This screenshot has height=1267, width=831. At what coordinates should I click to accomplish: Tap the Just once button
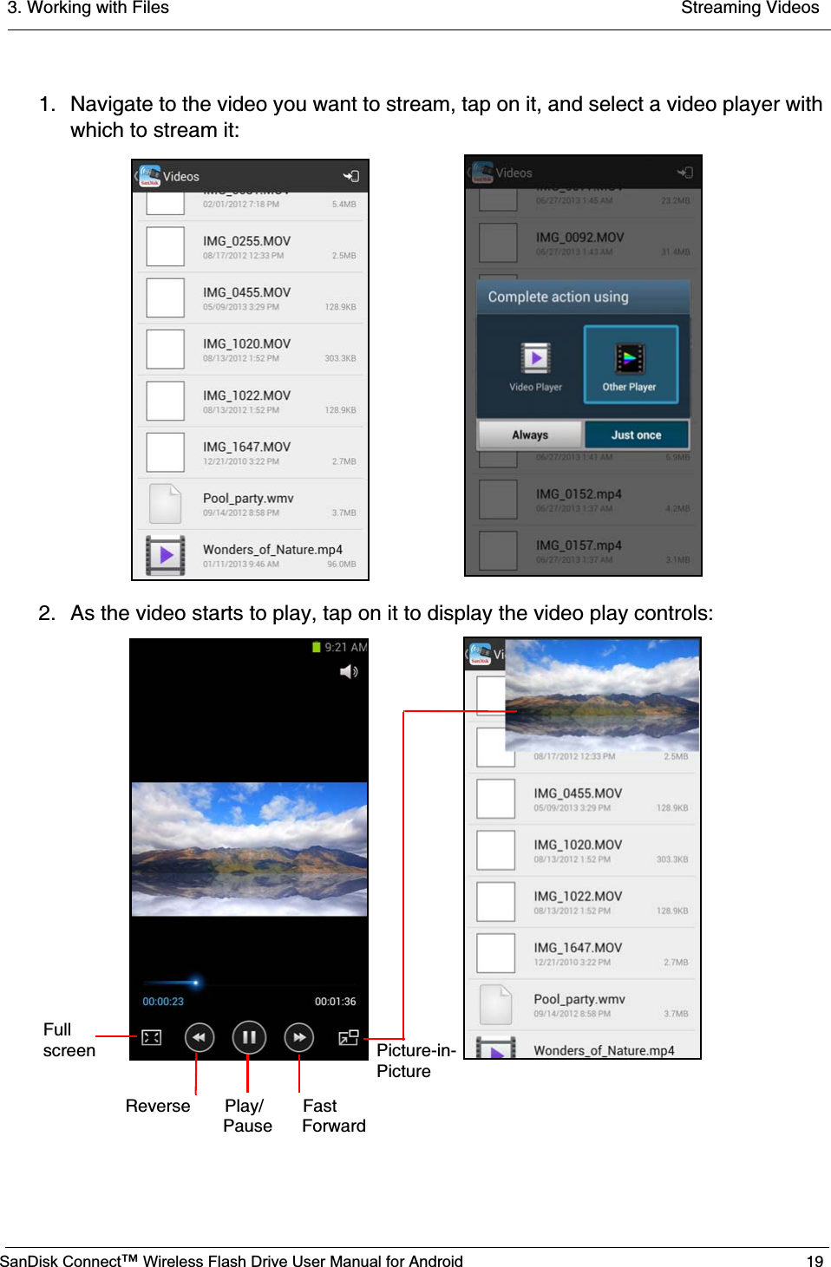pyautogui.click(x=636, y=434)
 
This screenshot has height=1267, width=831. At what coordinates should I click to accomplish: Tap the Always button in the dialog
pyautogui.click(x=529, y=434)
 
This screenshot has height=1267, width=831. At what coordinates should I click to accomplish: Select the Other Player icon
pyautogui.click(x=630, y=364)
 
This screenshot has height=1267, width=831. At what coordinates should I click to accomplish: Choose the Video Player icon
pyautogui.click(x=535, y=364)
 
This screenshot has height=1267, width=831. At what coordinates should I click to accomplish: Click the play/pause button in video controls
pyautogui.click(x=248, y=1037)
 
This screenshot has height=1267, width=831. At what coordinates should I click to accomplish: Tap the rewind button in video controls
pyautogui.click(x=199, y=1037)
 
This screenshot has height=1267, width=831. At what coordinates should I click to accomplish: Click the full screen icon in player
pyautogui.click(x=151, y=1037)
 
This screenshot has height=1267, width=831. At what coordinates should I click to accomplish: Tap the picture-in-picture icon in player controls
pyautogui.click(x=348, y=1037)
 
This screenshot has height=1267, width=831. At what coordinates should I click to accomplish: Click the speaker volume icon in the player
pyautogui.click(x=349, y=672)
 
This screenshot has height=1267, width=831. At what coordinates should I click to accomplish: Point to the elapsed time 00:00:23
pyautogui.click(x=163, y=1002)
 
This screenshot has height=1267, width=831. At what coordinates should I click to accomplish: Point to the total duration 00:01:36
pyautogui.click(x=335, y=1002)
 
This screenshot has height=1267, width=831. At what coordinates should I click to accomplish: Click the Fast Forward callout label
pyautogui.click(x=333, y=1116)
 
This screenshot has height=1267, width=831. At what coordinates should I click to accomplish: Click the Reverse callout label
pyautogui.click(x=158, y=1106)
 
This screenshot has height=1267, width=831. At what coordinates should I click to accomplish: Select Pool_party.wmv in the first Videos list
pyautogui.click(x=248, y=499)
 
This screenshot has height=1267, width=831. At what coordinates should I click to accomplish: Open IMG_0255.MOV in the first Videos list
pyautogui.click(x=246, y=241)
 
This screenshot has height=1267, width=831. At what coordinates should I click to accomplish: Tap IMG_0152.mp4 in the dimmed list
pyautogui.click(x=578, y=494)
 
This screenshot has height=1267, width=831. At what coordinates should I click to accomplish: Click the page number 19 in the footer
pyautogui.click(x=815, y=1261)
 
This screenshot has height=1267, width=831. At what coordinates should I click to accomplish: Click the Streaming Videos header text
pyautogui.click(x=749, y=9)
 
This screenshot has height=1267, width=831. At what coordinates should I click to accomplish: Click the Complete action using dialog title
pyautogui.click(x=558, y=297)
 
